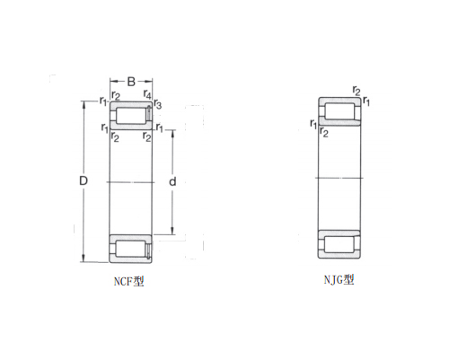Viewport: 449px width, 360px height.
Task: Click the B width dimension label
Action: (131, 82)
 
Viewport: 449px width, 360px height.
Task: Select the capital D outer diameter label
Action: (84, 180)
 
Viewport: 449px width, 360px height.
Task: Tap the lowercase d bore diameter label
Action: (172, 181)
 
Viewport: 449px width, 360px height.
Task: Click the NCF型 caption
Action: (129, 281)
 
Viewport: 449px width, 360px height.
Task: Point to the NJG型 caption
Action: (339, 280)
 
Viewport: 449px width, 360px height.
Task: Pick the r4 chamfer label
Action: (147, 94)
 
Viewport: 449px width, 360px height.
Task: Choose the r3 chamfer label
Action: (158, 104)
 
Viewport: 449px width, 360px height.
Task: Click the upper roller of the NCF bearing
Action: (130, 115)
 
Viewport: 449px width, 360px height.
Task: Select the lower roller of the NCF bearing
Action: (130, 249)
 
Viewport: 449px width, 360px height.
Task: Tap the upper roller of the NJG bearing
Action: (339, 111)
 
